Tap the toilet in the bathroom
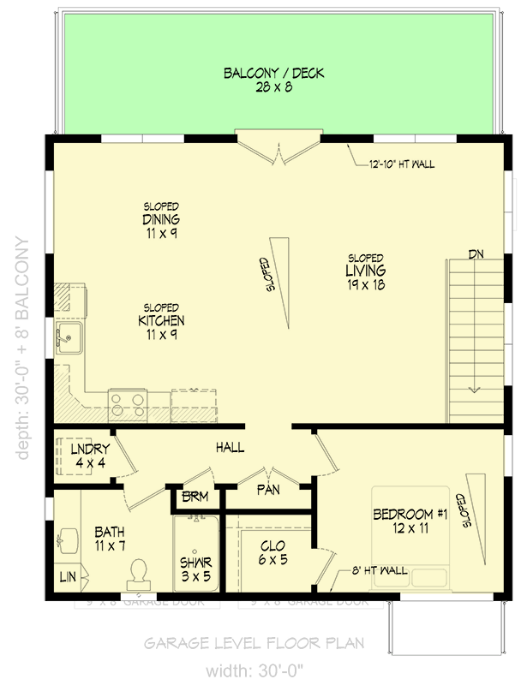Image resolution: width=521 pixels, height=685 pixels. pyautogui.click(x=138, y=569)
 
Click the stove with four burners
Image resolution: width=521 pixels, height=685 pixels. pyautogui.click(x=128, y=402)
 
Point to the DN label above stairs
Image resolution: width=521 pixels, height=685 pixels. pyautogui.click(x=477, y=253)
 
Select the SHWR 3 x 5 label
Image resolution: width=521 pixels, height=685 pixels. pyautogui.click(x=196, y=569)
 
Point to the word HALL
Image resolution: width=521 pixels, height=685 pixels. pyautogui.click(x=230, y=447)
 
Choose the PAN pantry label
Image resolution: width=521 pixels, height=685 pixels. pyautogui.click(x=267, y=491)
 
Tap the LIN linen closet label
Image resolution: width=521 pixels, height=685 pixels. pyautogui.click(x=67, y=578)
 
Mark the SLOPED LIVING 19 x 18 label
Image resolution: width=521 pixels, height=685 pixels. pyautogui.click(x=365, y=271)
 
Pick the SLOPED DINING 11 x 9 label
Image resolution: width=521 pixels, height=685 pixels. pyautogui.click(x=161, y=219)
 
